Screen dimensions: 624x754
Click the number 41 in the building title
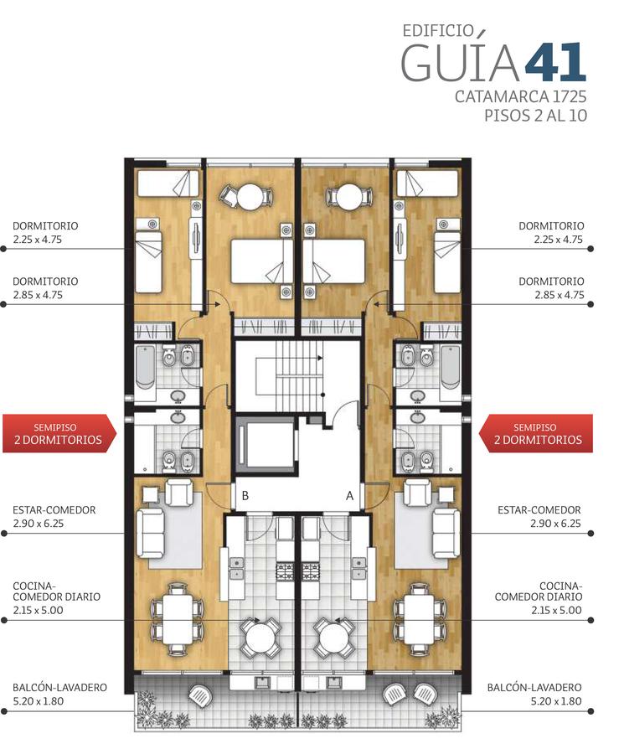pos(555,62)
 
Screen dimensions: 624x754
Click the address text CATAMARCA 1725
pos(521,96)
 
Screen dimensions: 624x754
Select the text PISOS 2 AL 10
pos(535,116)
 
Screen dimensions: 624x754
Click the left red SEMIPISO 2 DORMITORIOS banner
pos(59,433)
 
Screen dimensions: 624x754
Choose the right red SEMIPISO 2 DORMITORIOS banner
pos(536,433)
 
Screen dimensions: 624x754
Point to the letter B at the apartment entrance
pos(245,495)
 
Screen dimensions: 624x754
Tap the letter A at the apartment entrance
pos(349,495)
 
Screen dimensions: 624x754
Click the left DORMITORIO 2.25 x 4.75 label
pos(44,232)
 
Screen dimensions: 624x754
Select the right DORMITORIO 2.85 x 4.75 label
pos(551,287)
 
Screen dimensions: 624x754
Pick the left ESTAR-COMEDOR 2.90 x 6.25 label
pos(54,516)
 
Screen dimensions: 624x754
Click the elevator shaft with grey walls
pos(265,442)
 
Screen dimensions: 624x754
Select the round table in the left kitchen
pos(260,638)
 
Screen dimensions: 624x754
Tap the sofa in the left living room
pos(151,534)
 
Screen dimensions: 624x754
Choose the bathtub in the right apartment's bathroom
pos(451,366)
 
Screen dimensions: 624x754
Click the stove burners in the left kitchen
pos(285,571)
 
